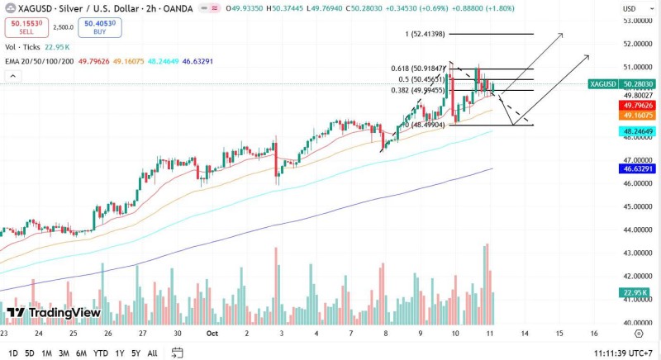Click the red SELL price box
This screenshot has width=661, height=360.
pyautogui.click(x=25, y=27)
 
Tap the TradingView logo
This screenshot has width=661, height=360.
pyautogui.click(x=54, y=313)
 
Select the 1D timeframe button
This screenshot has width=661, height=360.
pyautogui.click(x=13, y=353)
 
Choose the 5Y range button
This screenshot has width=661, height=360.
pyautogui.click(x=136, y=353)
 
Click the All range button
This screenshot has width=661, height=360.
pyautogui.click(x=152, y=353)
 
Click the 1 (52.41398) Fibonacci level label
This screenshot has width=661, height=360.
pyautogui.click(x=425, y=34)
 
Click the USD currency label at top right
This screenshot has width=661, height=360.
pyautogui.click(x=629, y=8)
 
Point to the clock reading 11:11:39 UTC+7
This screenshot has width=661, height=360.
pyautogui.click(x=623, y=353)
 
